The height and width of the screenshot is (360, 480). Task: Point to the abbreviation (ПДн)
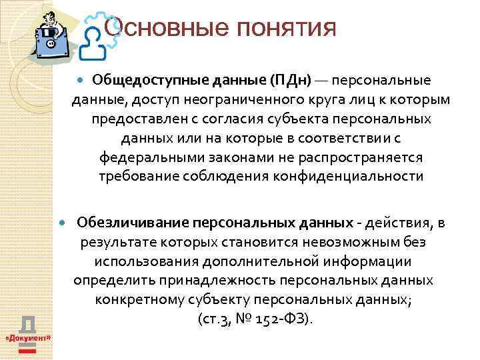coord(290,81)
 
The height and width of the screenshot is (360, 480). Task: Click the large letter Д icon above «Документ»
coord(28,324)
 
